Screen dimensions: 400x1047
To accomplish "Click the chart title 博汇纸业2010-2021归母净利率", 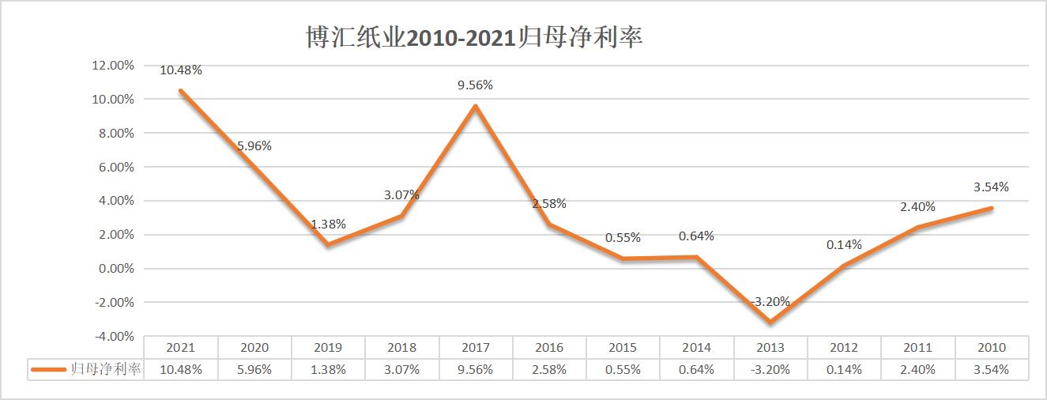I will coord(474,38).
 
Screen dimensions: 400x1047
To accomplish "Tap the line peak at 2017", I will coord(476,106).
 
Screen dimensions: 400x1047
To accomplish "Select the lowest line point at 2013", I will coord(770,322).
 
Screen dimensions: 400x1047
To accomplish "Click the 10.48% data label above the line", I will coord(181,70).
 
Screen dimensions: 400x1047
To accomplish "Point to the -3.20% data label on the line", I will coord(769,301).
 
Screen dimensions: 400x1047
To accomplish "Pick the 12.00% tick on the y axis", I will coord(113,66).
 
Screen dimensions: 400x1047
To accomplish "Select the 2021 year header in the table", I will coord(181,347).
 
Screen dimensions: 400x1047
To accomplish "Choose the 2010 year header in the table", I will coord(992,347).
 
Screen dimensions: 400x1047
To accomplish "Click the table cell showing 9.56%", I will coord(476,369).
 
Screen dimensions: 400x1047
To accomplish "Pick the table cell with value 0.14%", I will coord(845,369).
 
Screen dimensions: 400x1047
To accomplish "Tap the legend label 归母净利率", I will coord(105,369).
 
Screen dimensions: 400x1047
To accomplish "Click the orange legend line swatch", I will coord(47,369).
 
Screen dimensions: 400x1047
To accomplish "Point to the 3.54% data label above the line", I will coord(992,187).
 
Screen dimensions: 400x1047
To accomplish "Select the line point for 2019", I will coord(328,244).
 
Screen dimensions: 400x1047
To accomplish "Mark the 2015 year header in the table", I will coord(623,347).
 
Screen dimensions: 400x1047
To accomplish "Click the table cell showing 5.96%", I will coord(254,369).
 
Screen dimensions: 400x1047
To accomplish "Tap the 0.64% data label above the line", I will coord(697,236).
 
